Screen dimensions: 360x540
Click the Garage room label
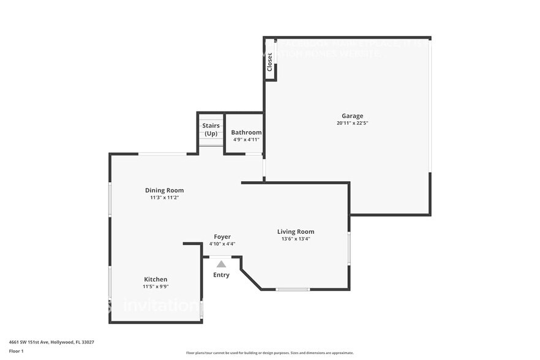pyautogui.click(x=352, y=116)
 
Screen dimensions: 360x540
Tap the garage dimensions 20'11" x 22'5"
pyautogui.click(x=352, y=123)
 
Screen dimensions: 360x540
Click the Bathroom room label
pyautogui.click(x=246, y=132)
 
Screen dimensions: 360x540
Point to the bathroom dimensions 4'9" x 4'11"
pyautogui.click(x=246, y=140)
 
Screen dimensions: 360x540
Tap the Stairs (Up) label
pyautogui.click(x=211, y=129)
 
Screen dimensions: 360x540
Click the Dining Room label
pyautogui.click(x=164, y=190)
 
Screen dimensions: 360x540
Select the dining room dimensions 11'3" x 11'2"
pyautogui.click(x=164, y=198)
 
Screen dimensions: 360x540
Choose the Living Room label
pyautogui.click(x=296, y=231)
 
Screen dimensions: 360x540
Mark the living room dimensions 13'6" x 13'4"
pyautogui.click(x=296, y=239)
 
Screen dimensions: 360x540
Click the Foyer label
pyautogui.click(x=222, y=236)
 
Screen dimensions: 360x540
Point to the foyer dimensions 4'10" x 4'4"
pyautogui.click(x=222, y=244)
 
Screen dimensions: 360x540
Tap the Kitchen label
pyautogui.click(x=156, y=279)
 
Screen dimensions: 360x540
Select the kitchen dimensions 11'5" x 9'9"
pyautogui.click(x=156, y=287)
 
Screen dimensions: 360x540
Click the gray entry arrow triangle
pyautogui.click(x=221, y=264)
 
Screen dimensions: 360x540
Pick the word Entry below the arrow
pyautogui.click(x=221, y=275)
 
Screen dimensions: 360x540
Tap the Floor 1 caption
pyautogui.click(x=16, y=351)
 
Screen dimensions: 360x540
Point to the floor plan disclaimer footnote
pyautogui.click(x=269, y=353)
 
